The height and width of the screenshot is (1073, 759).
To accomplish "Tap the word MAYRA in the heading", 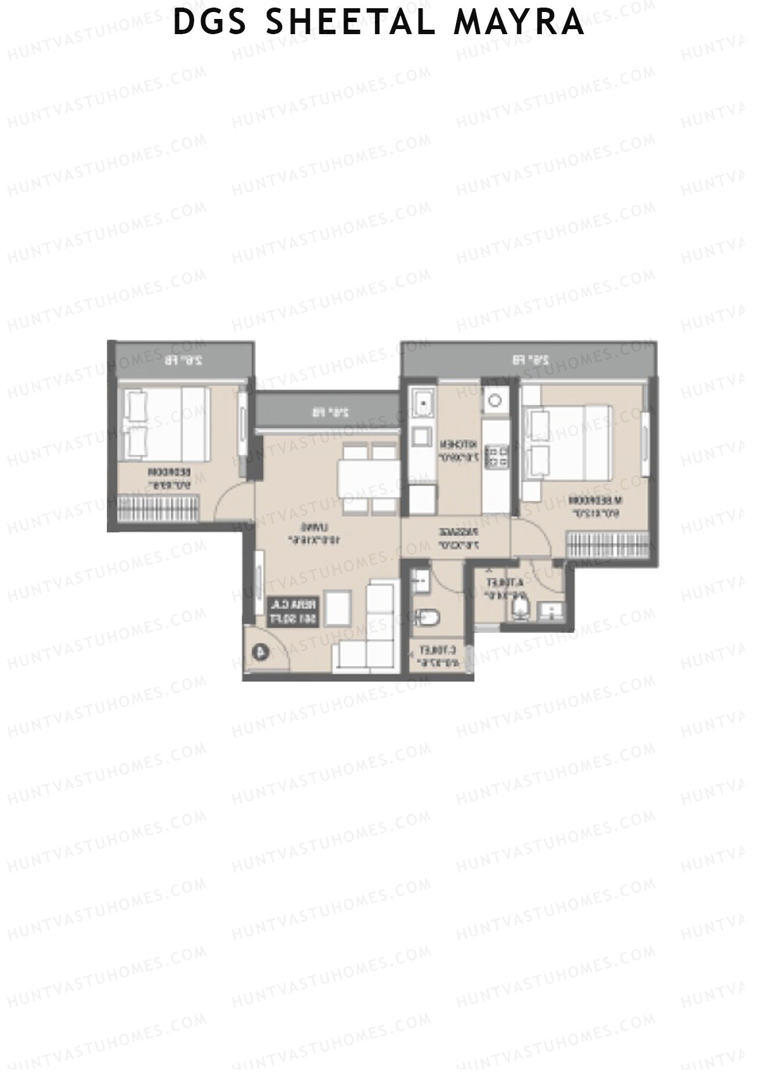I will click(519, 22).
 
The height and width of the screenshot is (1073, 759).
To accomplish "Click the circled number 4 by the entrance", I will click(260, 651).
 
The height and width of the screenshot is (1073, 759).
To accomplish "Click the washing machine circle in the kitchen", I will click(495, 400).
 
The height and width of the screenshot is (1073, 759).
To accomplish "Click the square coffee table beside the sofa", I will click(339, 608).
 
